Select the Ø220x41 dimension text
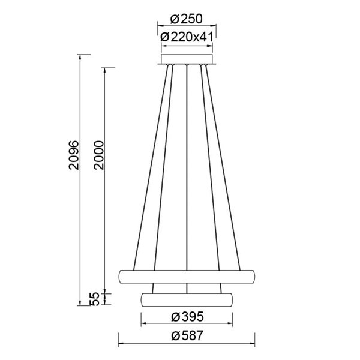187,37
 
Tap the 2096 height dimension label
74,156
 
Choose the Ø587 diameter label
187,337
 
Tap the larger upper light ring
187,277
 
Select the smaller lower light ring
187,299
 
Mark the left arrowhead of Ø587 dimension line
120,345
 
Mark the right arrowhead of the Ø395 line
231,325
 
